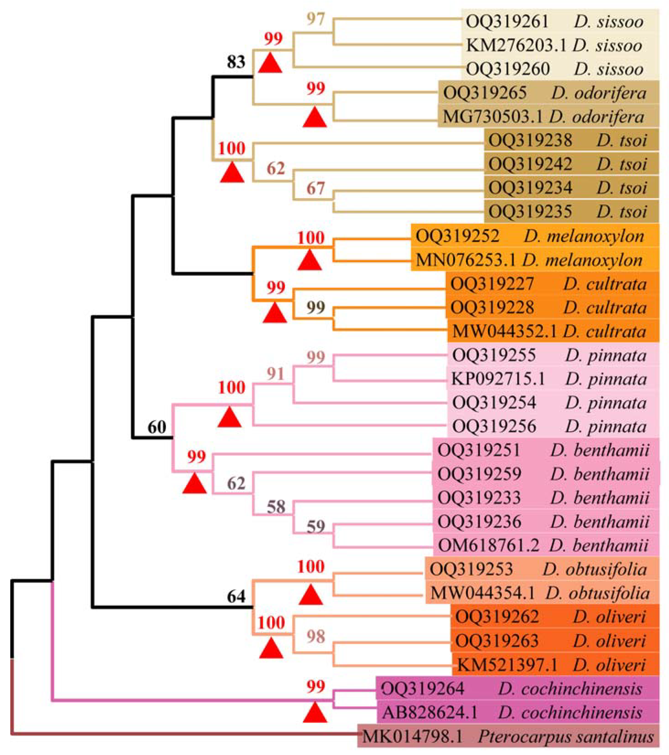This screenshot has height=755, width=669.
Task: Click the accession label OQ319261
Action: (x=507, y=22)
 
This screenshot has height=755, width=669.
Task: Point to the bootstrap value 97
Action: (x=316, y=19)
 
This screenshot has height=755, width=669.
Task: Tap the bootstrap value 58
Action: (x=276, y=507)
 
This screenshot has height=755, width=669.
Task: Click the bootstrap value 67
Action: (x=316, y=188)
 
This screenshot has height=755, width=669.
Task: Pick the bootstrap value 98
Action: (x=316, y=637)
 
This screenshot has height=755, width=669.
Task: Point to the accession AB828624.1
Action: (x=430, y=712)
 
